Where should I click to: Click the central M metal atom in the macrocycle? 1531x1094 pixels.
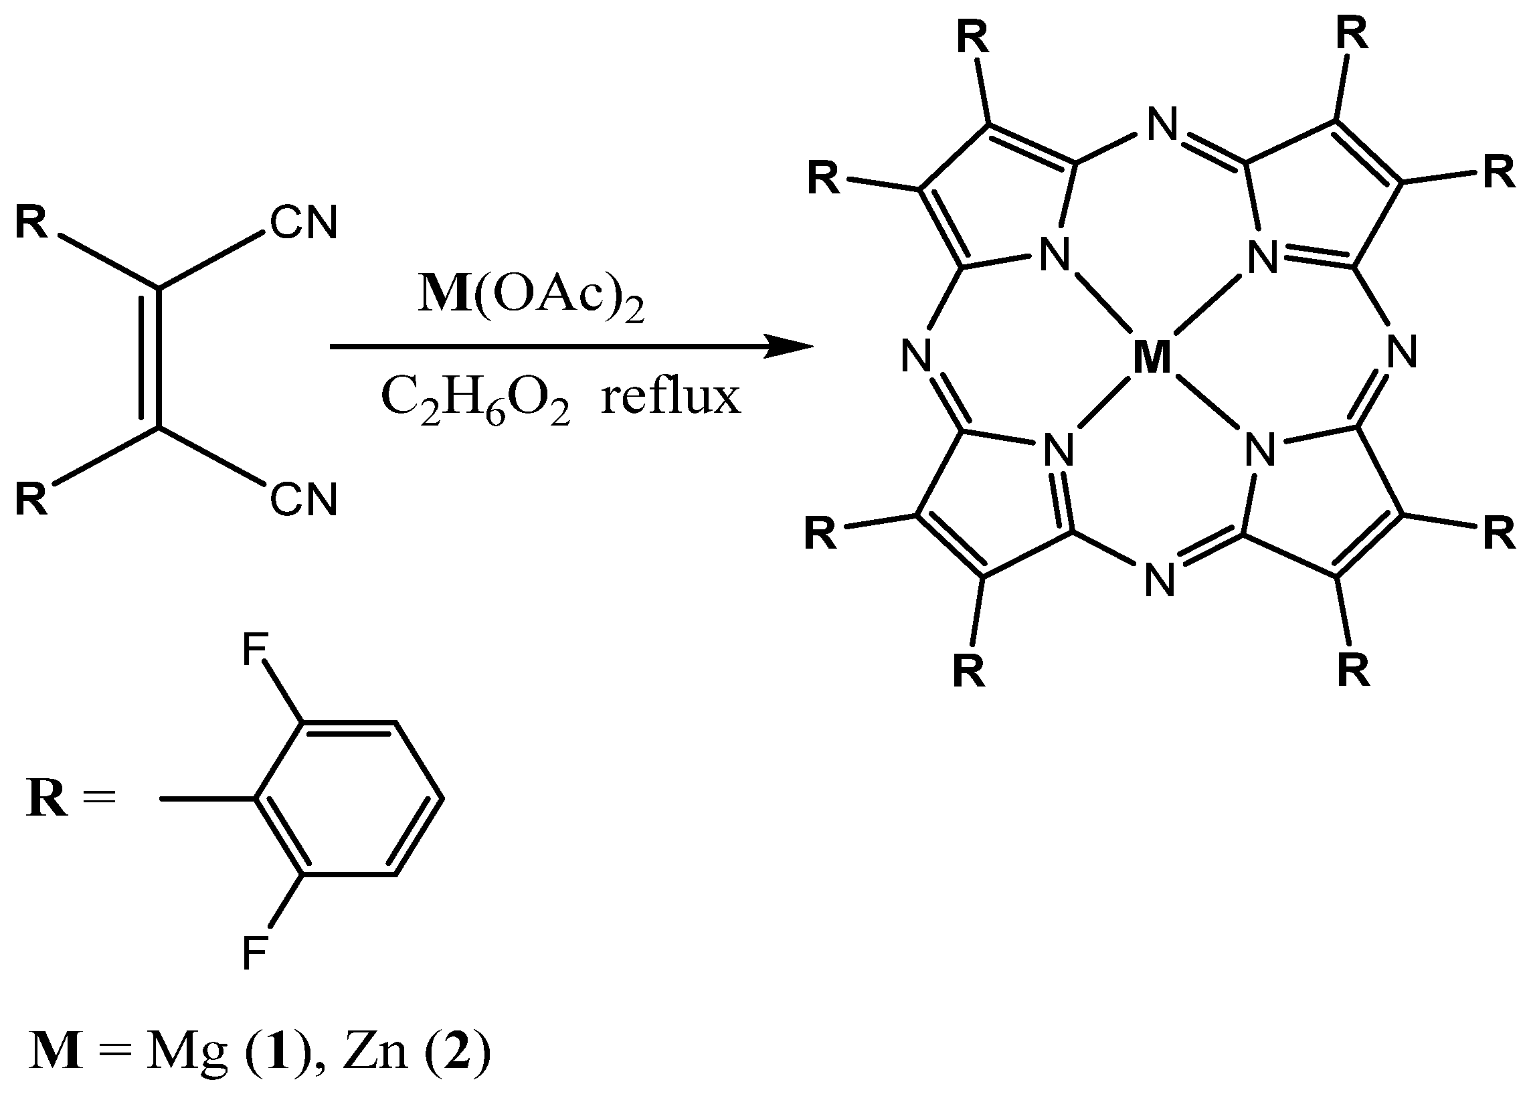point(1152,357)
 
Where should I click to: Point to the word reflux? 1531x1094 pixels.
point(671,397)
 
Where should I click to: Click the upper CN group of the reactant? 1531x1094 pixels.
point(304,223)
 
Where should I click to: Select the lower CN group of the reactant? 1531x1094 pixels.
point(304,500)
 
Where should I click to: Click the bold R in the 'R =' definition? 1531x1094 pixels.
point(47,800)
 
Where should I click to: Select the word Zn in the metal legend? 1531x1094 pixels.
point(375,1053)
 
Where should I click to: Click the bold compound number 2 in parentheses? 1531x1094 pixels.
point(457,1053)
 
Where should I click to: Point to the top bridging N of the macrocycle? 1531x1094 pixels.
point(1162,126)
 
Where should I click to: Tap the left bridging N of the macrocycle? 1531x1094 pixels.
point(917,355)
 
